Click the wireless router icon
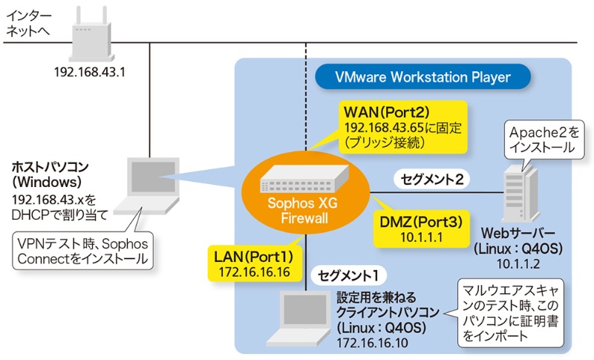(86, 38)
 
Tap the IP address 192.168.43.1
(86, 73)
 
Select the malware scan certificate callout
(509, 310)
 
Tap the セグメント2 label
(432, 179)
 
